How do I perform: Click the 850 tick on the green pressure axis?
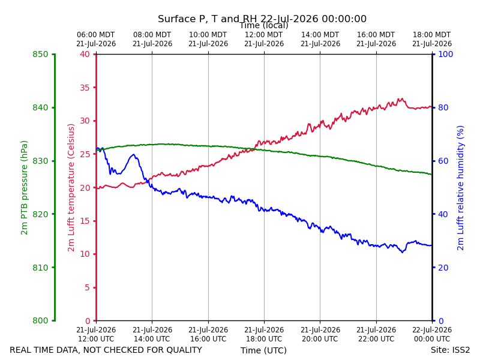(x=40, y=54)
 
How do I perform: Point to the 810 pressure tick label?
(x=40, y=268)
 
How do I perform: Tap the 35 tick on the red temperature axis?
(x=85, y=88)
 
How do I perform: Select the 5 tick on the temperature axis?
(x=88, y=287)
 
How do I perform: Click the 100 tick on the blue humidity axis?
(x=446, y=54)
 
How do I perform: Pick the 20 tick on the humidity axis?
(x=443, y=268)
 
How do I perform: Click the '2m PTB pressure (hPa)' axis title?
(x=24, y=188)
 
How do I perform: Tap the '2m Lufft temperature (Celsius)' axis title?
(x=71, y=188)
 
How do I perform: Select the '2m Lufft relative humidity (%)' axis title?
(x=460, y=188)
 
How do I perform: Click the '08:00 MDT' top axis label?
(x=152, y=35)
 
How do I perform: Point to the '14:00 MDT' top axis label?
(x=320, y=35)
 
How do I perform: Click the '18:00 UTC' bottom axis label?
(x=264, y=339)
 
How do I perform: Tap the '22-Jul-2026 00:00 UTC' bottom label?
(x=432, y=334)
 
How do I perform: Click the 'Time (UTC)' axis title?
(x=263, y=350)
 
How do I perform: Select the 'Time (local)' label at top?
(x=264, y=25)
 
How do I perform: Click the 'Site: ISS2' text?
(x=451, y=350)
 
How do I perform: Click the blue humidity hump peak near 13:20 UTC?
(x=133, y=155)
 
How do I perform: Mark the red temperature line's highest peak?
(x=401, y=98)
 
